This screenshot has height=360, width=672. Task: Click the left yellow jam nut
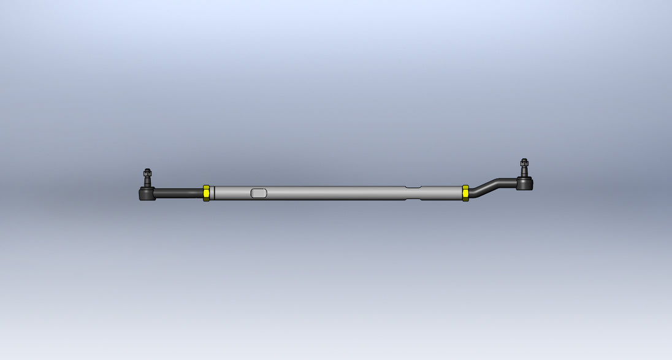click(206, 193)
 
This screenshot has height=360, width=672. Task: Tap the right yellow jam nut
click(465, 193)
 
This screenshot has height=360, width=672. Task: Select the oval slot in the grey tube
click(259, 193)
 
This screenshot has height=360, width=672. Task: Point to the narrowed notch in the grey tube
click(413, 193)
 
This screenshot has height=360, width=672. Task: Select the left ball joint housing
click(145, 194)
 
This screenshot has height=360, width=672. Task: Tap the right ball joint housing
click(525, 183)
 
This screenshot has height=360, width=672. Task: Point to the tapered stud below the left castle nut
click(147, 183)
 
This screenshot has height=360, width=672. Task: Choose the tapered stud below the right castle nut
click(524, 173)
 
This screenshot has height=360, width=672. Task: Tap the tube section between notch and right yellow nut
click(441, 193)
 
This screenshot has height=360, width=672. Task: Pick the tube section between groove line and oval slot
click(232, 193)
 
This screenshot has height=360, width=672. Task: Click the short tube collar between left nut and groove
click(212, 193)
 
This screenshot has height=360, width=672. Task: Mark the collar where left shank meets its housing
click(155, 194)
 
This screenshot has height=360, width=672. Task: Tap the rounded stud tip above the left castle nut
click(147, 170)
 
